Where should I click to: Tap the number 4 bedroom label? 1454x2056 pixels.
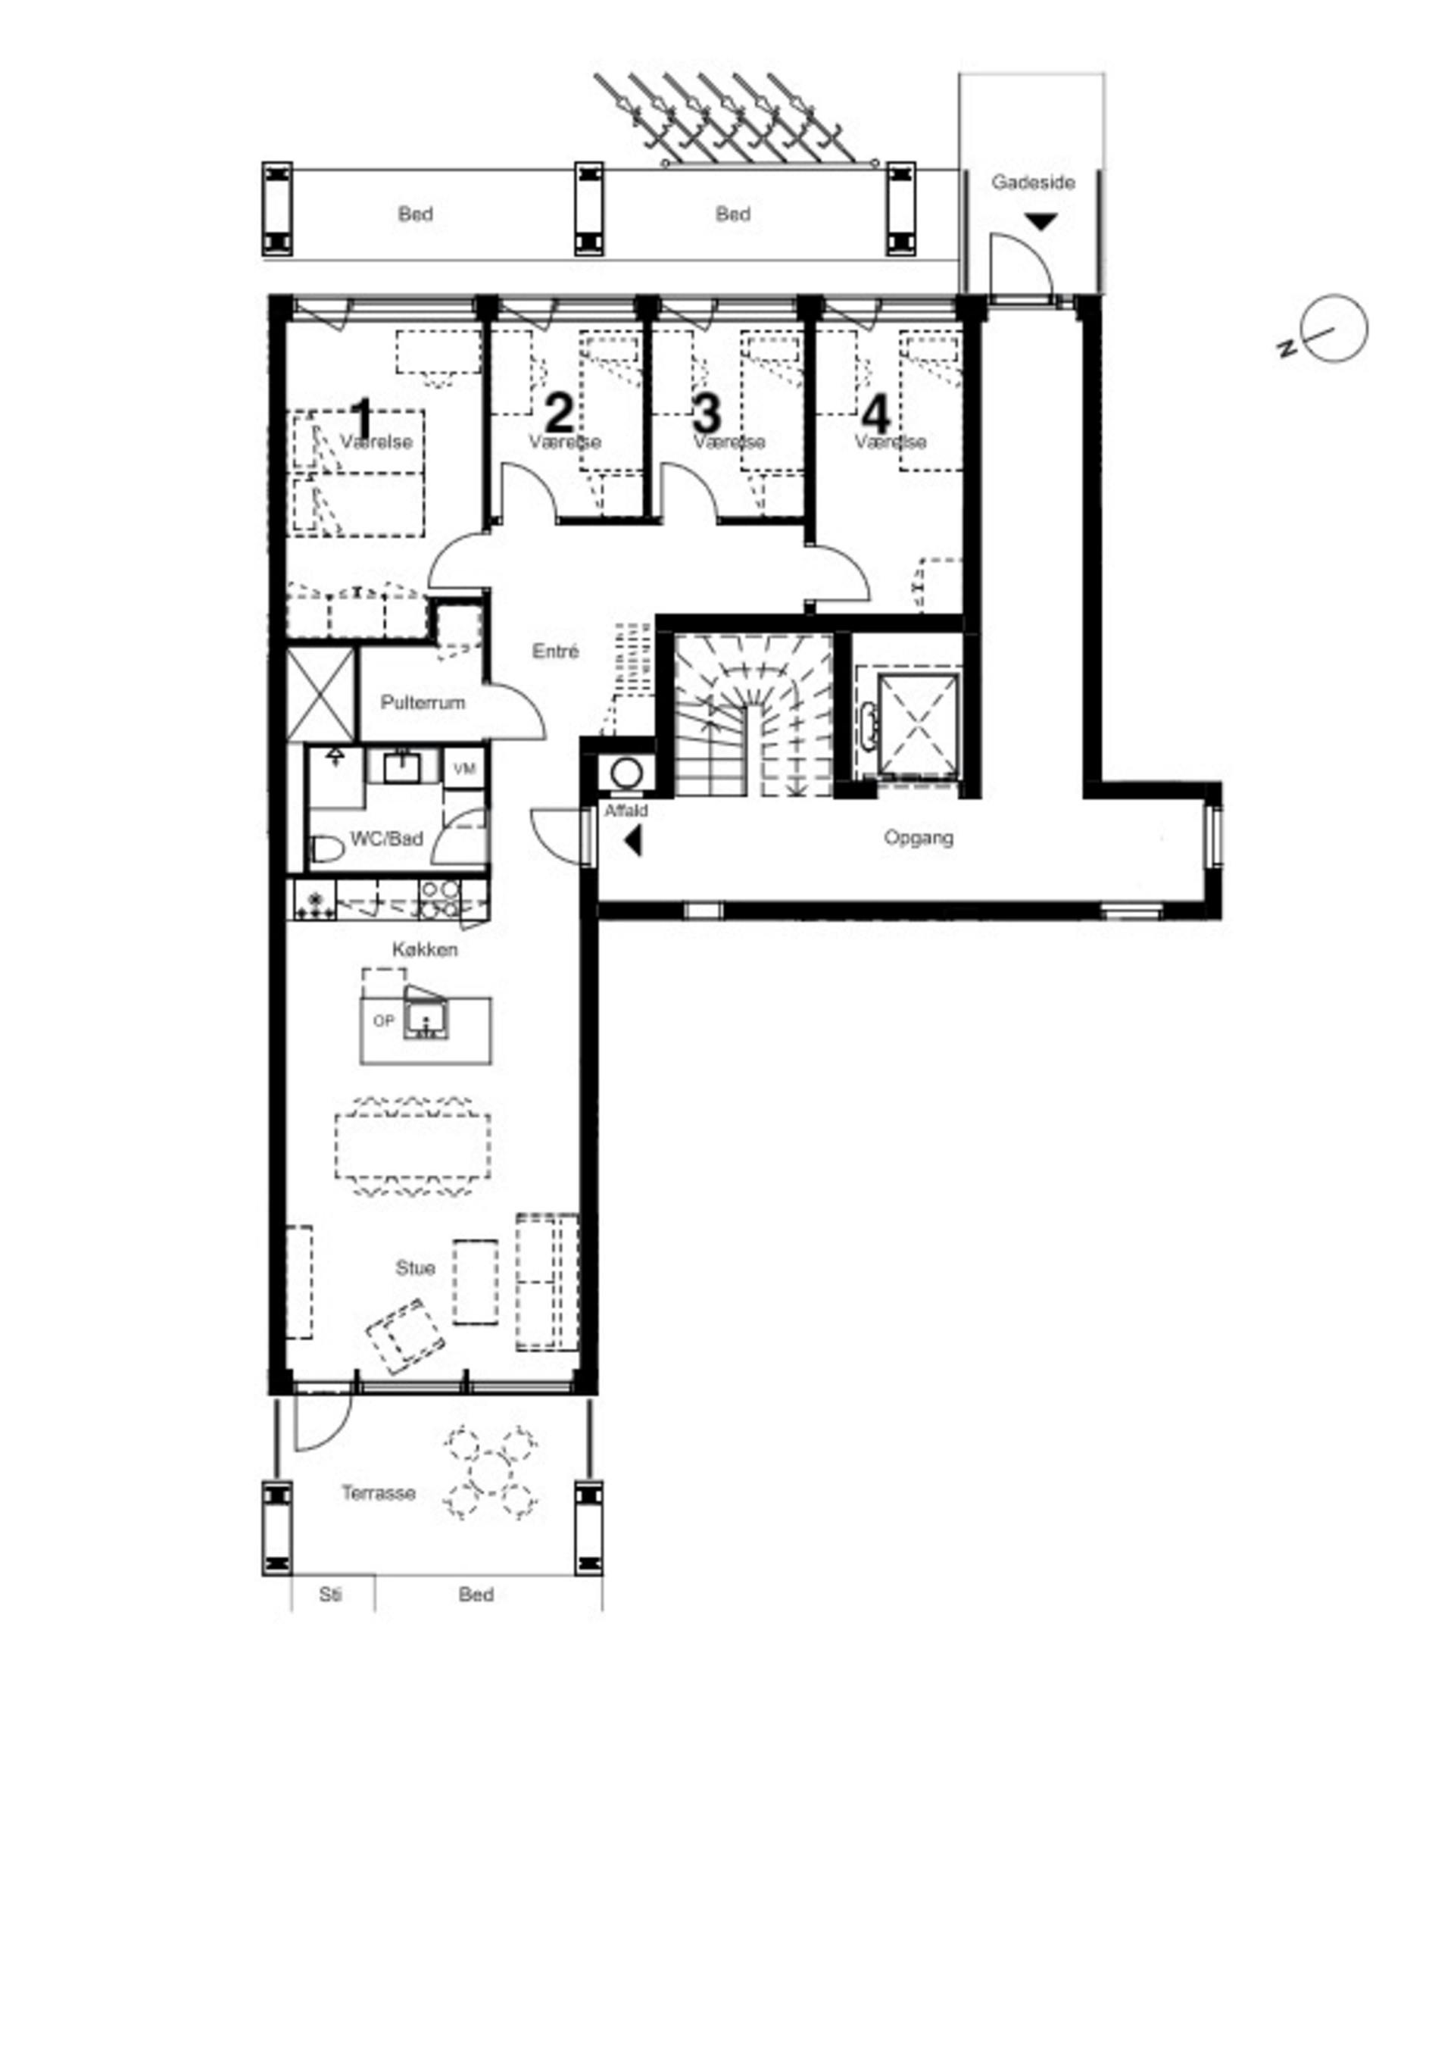tap(875, 414)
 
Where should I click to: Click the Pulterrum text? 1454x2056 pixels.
tap(423, 702)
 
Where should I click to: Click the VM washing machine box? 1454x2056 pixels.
tap(463, 769)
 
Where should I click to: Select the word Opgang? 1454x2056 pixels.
tap(918, 837)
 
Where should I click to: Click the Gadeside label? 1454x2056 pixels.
tap(1032, 183)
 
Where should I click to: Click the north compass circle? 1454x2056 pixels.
tap(1334, 329)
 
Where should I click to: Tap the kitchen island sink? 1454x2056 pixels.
tap(426, 1019)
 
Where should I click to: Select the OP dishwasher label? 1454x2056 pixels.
tap(383, 1020)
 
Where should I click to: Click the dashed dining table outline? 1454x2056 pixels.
tap(413, 1146)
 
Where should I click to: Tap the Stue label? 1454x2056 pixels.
tap(416, 1267)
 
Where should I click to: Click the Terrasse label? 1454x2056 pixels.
tap(378, 1492)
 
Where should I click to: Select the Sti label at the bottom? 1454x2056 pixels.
tap(330, 1595)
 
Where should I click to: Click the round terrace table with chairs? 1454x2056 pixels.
tap(491, 1473)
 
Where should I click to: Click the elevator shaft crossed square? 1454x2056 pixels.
tap(918, 724)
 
